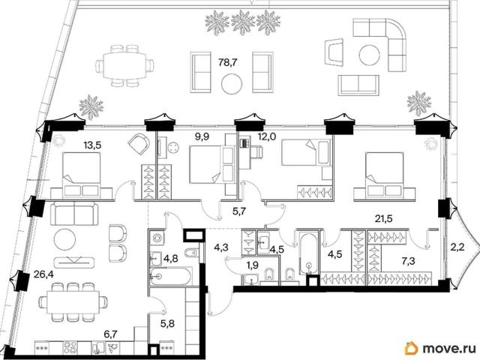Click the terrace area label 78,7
tap(228, 62)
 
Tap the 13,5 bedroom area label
tap(92, 145)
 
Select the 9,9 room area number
tap(202, 136)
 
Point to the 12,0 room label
tap(267, 136)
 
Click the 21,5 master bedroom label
tap(384, 218)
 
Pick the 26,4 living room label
tap(43, 274)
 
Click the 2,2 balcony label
tap(458, 247)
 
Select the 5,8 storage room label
tap(167, 323)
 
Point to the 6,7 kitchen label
tap(111, 334)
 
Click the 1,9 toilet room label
tap(252, 265)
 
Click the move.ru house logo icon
tap(412, 348)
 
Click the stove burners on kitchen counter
tap(70, 348)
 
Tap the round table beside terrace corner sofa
tap(370, 55)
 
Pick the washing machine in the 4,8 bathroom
tap(157, 238)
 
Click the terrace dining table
tap(125, 65)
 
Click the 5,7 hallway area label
tap(239, 211)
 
